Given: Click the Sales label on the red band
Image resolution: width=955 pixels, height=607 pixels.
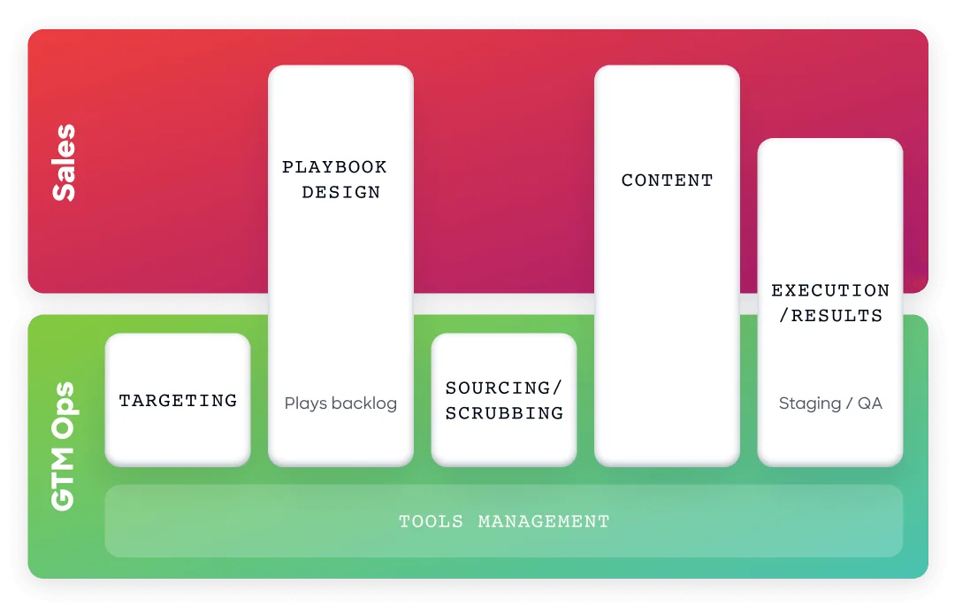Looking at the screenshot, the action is pos(64,163).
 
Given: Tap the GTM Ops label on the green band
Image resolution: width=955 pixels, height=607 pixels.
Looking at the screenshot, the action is pos(64,446).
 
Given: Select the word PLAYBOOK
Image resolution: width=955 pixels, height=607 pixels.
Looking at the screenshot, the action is pos(334,167).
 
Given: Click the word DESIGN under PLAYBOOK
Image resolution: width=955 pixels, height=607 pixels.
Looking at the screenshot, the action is pos(341,193).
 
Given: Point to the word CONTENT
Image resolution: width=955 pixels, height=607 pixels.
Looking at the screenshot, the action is pos(667,181).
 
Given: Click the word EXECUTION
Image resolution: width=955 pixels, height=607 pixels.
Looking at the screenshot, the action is pos(830,290).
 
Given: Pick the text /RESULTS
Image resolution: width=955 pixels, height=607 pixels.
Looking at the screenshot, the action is pos(830,315).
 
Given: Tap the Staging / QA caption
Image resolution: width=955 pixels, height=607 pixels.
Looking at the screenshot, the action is pos(830,403).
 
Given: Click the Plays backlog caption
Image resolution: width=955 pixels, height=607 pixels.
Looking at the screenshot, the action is pos(340,403).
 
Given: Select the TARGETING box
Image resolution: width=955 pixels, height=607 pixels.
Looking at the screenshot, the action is pos(178,400).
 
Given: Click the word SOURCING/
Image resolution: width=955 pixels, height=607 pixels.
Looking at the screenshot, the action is pos(504,388).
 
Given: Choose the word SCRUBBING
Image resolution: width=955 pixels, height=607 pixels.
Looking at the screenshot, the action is pos(504,412).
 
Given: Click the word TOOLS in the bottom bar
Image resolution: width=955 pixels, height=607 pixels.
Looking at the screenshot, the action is pos(432,522).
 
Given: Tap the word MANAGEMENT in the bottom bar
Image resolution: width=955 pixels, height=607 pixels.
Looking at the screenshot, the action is pos(544,522).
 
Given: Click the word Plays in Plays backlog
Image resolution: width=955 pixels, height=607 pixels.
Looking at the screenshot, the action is pos(306,403).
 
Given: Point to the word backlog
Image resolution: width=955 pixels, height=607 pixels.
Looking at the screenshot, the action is pos(365,403).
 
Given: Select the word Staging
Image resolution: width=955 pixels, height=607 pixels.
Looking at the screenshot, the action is pos(810,403).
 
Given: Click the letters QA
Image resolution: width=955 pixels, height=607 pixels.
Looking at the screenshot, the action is pos(870,403).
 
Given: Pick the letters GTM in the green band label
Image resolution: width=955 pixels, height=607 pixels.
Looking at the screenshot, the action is pos(64,479).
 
